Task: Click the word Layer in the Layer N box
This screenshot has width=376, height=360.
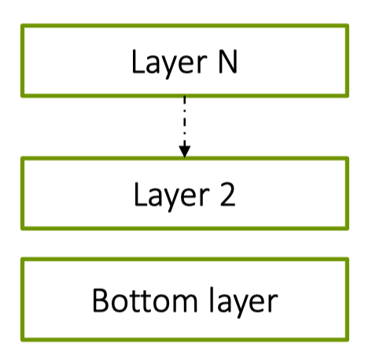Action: [x=169, y=63]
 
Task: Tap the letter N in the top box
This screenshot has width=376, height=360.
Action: [x=227, y=61]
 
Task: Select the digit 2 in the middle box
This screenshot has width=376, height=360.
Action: [x=227, y=194]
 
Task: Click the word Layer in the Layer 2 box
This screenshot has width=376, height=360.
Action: [x=171, y=197]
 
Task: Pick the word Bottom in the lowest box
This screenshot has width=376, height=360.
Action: [x=145, y=300]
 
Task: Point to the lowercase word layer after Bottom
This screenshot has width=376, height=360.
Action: [x=244, y=302]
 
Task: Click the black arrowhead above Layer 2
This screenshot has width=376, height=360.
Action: [x=185, y=152]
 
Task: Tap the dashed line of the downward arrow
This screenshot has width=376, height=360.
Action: [x=185, y=121]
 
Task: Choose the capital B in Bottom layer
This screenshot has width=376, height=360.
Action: [x=100, y=299]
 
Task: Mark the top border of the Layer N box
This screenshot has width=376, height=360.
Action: [x=185, y=26]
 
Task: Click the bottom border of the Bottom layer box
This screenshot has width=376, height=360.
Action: [x=185, y=340]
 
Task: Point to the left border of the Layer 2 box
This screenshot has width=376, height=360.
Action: [x=23, y=193]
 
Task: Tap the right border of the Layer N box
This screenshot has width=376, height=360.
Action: [x=347, y=61]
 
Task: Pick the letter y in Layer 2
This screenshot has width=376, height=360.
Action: [x=173, y=200]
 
